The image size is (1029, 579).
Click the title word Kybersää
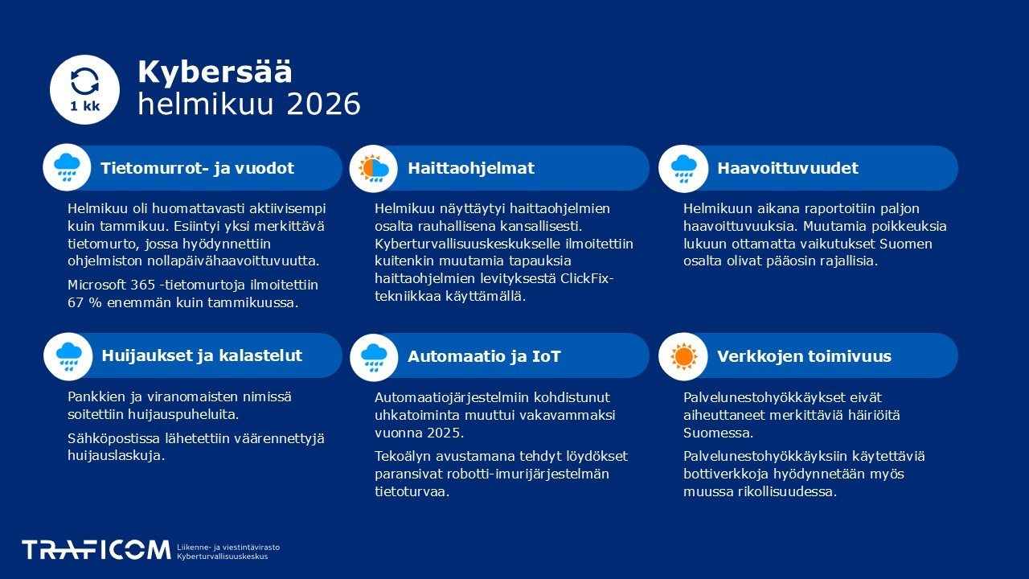click(215, 72)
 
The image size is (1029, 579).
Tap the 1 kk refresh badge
click(84, 89)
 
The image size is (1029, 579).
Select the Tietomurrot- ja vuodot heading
click(197, 168)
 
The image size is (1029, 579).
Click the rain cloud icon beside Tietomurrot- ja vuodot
click(67, 167)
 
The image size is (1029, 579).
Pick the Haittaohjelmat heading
click(470, 168)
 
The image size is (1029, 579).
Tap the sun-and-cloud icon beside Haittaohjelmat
click(374, 167)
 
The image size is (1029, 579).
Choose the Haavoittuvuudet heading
click(787, 168)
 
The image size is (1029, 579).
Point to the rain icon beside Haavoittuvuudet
click(683, 167)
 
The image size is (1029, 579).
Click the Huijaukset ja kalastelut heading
click(202, 355)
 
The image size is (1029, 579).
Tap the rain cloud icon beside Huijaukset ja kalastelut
click(68, 355)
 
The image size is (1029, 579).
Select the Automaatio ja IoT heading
click(484, 356)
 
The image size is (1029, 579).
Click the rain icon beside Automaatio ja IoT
click(374, 355)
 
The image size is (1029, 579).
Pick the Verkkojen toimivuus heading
click(804, 356)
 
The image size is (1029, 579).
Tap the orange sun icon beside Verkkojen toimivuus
click(683, 355)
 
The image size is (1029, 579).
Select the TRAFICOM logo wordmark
click(96, 550)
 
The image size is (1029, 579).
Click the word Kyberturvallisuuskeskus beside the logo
click(223, 556)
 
